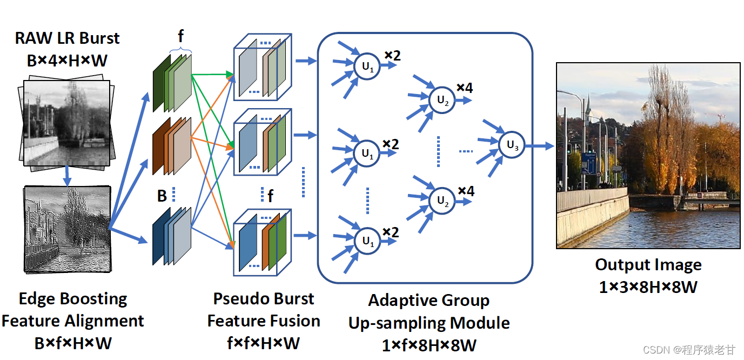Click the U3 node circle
[512, 145]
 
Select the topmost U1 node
[367, 66]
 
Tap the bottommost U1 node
[367, 241]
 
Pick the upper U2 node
[442, 100]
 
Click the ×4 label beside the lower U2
[466, 191]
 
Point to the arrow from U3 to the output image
[539, 145]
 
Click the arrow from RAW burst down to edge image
[67, 176]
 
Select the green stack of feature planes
[172, 83]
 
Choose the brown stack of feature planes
[172, 146]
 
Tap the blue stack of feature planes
[172, 236]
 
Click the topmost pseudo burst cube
[263, 67]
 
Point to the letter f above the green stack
[180, 36]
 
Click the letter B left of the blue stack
[162, 196]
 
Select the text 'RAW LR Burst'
[67, 38]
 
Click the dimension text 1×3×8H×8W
[648, 287]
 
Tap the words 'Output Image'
[648, 265]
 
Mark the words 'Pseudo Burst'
[263, 298]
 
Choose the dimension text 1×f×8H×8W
[429, 345]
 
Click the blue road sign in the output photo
[588, 163]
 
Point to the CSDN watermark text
[689, 350]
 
